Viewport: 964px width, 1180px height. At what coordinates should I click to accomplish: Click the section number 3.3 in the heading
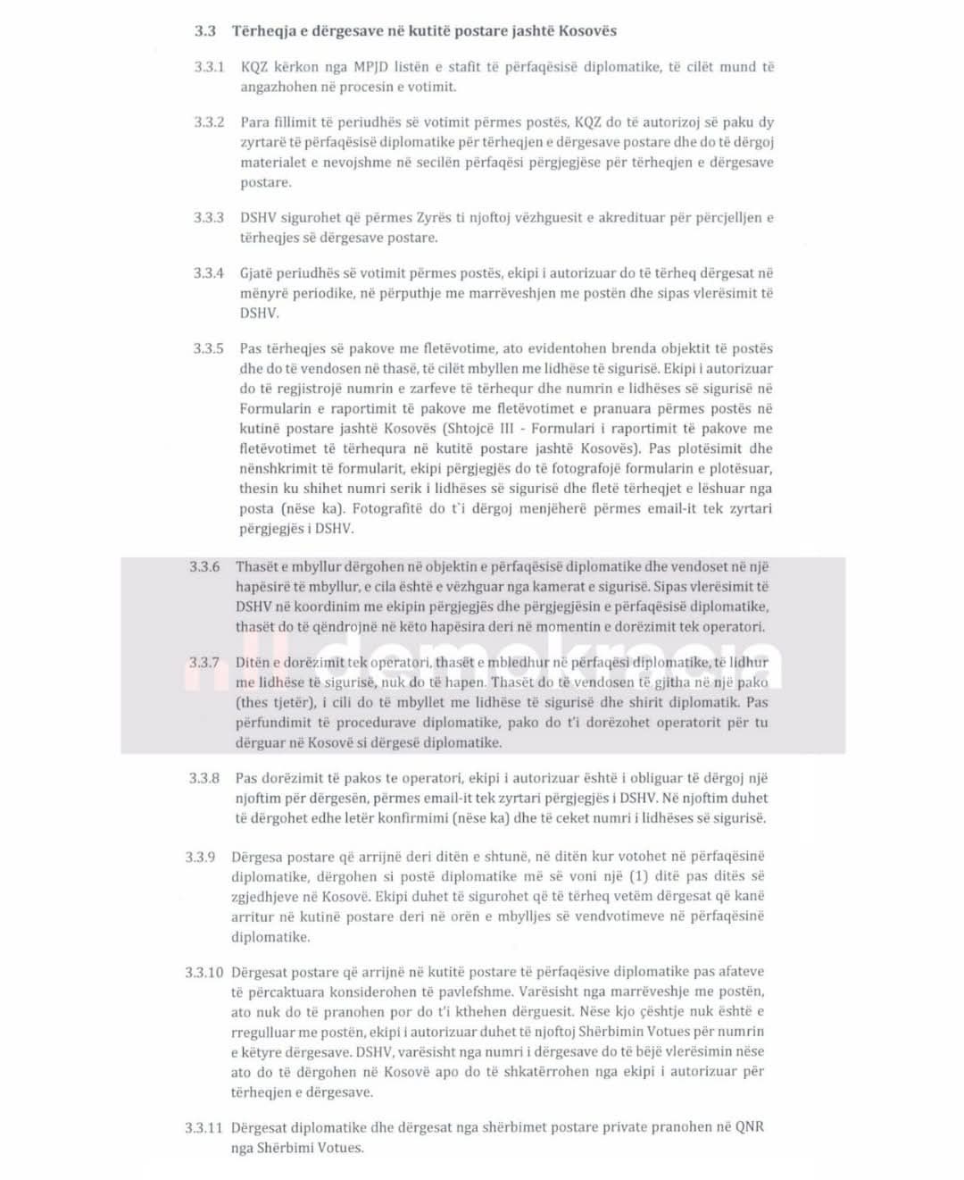(205, 31)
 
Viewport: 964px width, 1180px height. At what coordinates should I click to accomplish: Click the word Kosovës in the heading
(587, 31)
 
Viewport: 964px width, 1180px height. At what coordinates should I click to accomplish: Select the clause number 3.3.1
(209, 67)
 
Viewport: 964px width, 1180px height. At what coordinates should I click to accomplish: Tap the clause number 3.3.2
(209, 122)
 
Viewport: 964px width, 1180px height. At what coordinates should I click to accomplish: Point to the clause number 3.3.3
(209, 218)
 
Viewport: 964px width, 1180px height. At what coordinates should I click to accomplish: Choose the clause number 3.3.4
(209, 273)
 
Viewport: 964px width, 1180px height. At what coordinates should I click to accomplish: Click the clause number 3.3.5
(209, 348)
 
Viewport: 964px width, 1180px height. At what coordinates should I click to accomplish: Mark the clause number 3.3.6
(204, 566)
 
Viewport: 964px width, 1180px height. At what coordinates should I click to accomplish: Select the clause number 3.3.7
(204, 663)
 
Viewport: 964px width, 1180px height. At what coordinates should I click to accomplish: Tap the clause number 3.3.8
(204, 778)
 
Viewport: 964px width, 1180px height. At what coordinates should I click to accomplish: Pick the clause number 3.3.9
(201, 857)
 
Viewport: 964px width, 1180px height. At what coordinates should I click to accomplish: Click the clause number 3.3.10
(204, 972)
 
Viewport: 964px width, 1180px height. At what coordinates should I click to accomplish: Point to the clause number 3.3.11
(204, 1127)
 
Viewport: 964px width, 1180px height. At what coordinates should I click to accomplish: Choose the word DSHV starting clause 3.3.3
(258, 218)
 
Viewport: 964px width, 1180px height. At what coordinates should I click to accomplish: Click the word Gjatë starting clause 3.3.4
(258, 273)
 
